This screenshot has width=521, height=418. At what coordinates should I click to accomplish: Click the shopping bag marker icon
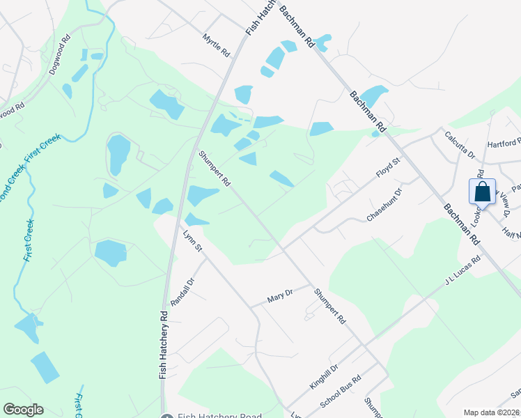pos(483,192)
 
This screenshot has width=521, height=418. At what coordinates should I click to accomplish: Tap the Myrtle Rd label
pos(216,45)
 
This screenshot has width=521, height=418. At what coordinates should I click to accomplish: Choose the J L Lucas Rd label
pos(463,272)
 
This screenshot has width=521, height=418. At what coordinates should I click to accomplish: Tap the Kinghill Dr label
pos(325,378)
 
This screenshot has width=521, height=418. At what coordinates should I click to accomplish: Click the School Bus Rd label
pos(341,393)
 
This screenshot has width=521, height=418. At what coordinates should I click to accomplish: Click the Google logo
pos(23,410)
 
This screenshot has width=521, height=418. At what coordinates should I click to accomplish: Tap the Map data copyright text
pos(492,412)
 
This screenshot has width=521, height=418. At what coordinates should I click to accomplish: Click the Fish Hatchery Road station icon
pos(166,417)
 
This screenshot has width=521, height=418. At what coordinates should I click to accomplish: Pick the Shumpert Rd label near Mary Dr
pos(329,307)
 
